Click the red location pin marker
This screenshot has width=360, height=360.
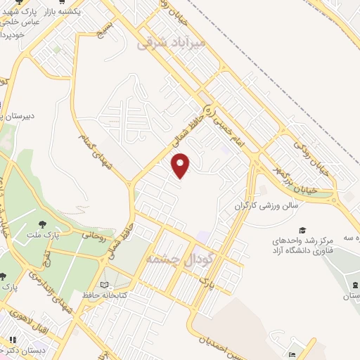click(181, 165)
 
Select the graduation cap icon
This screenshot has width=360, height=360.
click(302, 230)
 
